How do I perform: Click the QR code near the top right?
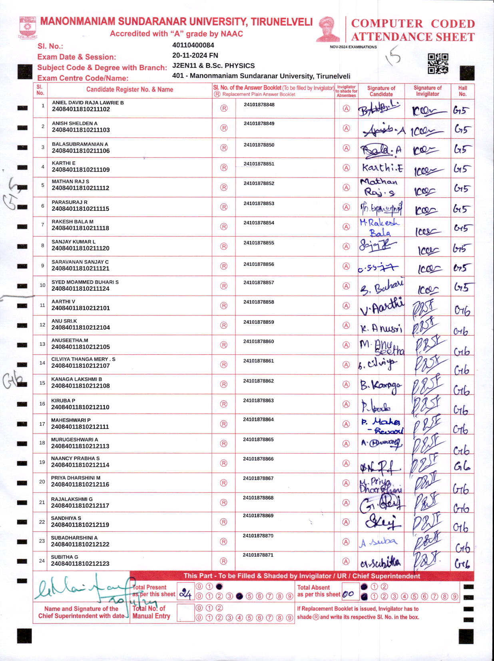[x=438, y=64]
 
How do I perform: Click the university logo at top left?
[x=28, y=27]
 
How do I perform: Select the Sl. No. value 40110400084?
[x=193, y=45]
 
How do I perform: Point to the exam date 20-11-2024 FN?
[x=195, y=56]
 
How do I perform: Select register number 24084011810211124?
[x=80, y=289]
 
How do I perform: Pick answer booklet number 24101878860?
[x=259, y=342]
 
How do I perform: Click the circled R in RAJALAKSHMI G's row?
[x=224, y=502]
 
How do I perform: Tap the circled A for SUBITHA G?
[x=346, y=561]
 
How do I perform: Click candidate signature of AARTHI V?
[x=381, y=307]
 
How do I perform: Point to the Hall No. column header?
[x=462, y=91]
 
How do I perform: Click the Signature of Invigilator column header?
[x=427, y=91]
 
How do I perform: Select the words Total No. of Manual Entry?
[x=151, y=612]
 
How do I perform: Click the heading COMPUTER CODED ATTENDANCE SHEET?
[x=412, y=30]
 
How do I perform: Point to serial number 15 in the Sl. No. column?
[x=42, y=383]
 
